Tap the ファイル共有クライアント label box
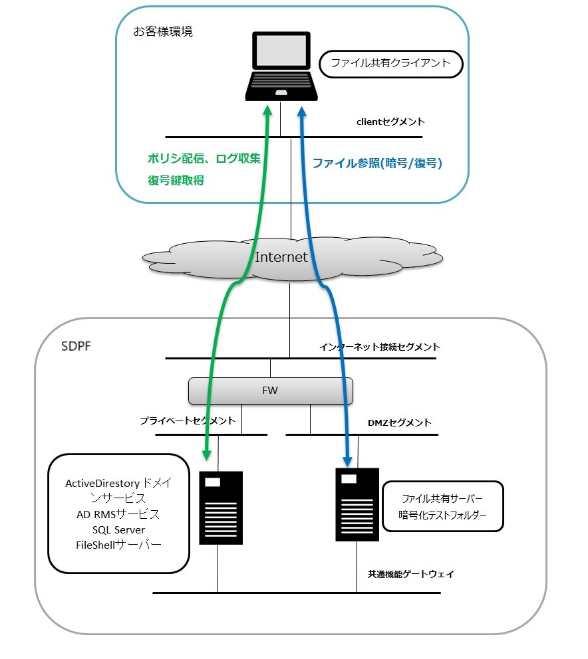click(390, 64)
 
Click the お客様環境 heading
click(163, 31)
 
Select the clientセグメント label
click(390, 122)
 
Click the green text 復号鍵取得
click(176, 179)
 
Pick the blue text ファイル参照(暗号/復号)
click(377, 163)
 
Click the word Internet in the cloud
click(281, 257)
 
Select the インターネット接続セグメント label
click(379, 347)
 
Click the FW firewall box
click(270, 391)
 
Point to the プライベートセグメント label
click(187, 421)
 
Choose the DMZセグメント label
click(399, 423)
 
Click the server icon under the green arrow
click(221, 508)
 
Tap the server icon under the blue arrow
click(357, 505)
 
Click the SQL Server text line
click(119, 529)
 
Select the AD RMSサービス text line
click(118, 514)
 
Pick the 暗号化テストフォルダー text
click(443, 515)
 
